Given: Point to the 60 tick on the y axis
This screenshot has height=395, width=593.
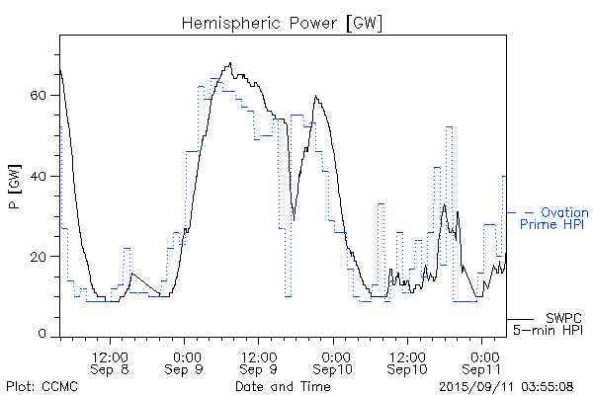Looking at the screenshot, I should click(42, 96).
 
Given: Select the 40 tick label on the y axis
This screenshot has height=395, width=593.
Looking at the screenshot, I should click(42, 176).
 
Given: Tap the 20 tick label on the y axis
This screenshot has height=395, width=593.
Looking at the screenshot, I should click(42, 256).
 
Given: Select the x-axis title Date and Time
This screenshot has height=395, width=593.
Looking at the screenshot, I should click(283, 386).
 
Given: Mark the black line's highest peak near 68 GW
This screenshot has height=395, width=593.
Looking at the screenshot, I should click(230, 64).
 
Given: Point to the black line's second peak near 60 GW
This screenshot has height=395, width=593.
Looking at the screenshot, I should click(315, 97).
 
